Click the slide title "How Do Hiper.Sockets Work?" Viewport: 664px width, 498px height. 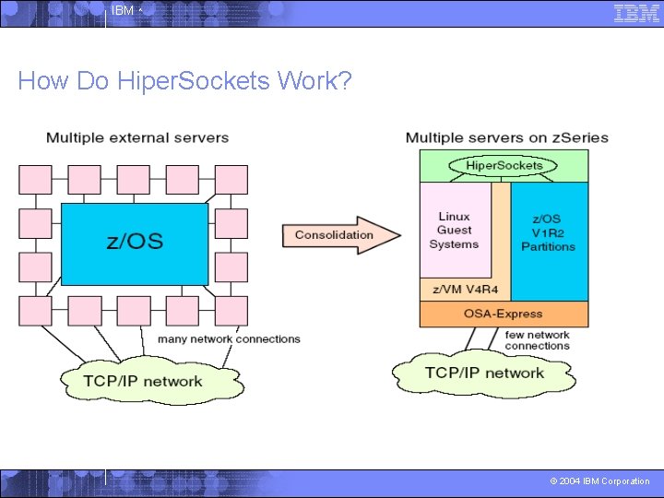click(184, 81)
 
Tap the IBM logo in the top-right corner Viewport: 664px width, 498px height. click(636, 12)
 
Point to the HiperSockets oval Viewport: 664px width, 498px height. click(504, 166)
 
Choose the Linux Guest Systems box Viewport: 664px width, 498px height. click(455, 231)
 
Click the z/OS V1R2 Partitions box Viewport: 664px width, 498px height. click(548, 232)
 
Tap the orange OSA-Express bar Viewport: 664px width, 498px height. click(504, 314)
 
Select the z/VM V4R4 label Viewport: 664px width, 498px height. click(459, 290)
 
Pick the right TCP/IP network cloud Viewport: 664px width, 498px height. click(484, 373)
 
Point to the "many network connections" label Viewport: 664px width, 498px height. click(229, 339)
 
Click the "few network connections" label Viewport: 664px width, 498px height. click(537, 340)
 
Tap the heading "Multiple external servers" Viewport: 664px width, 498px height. click(137, 138)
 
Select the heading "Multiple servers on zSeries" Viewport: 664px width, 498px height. click(507, 138)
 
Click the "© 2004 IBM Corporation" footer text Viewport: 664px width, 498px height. click(599, 481)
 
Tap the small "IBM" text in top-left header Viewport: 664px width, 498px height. click(122, 11)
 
